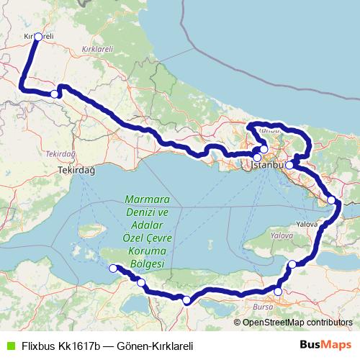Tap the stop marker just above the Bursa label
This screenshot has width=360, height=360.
(279, 292)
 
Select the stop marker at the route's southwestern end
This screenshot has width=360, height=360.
(112, 269)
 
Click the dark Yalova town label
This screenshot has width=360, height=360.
(307, 225)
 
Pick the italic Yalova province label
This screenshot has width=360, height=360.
(282, 236)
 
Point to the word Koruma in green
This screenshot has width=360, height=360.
(145, 251)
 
